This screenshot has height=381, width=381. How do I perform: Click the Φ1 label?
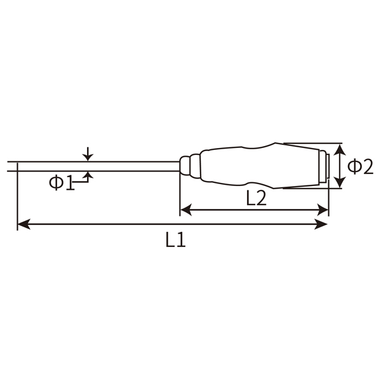point(62,183)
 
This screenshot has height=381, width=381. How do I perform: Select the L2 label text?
point(255,198)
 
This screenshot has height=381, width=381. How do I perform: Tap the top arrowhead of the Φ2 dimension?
point(340,149)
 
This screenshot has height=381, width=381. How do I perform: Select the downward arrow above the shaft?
point(88,156)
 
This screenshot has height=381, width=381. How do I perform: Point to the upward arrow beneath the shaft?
point(88,175)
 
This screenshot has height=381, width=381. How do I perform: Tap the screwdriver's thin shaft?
point(95,166)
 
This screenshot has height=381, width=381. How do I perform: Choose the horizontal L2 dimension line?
point(254,208)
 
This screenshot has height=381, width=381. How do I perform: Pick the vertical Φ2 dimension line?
point(340,166)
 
